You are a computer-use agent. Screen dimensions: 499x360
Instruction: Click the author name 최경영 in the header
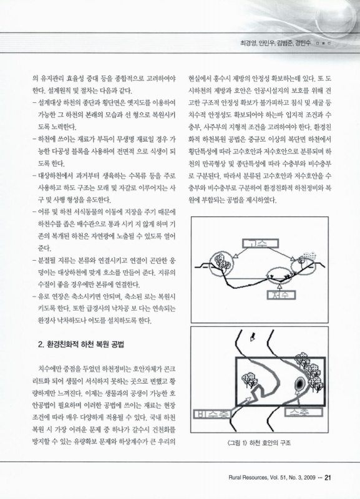(x=242, y=44)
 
